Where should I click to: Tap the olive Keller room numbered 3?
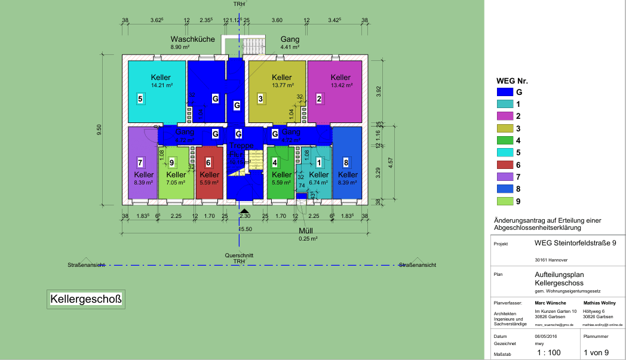click(x=278, y=90)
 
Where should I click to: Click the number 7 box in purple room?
click(x=140, y=162)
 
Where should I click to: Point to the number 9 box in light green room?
click(x=171, y=162)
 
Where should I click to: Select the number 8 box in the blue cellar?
click(x=346, y=162)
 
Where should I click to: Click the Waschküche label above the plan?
click(x=192, y=39)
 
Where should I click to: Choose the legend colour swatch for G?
click(x=505, y=92)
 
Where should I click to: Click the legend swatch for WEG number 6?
click(x=505, y=165)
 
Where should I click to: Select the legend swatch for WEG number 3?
click(x=505, y=128)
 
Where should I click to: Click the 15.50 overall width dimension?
click(x=245, y=229)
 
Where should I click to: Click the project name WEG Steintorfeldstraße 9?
click(x=575, y=244)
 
